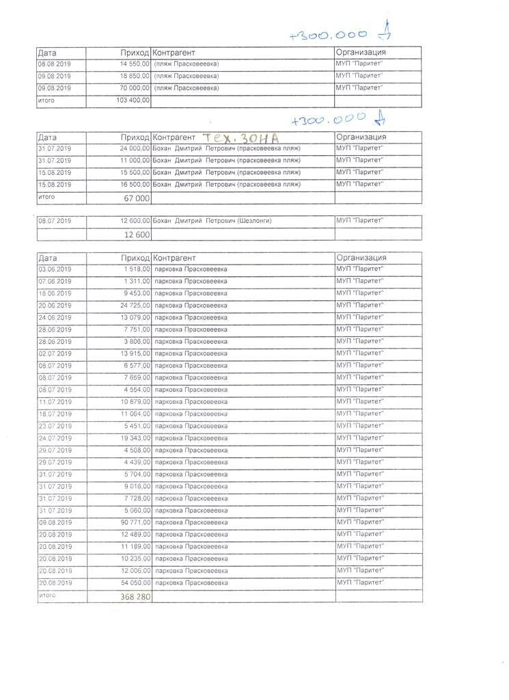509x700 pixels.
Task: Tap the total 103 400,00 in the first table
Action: pyautogui.click(x=133, y=100)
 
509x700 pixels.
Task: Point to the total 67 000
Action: pyautogui.click(x=136, y=198)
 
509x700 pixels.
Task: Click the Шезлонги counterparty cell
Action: pyautogui.click(x=213, y=221)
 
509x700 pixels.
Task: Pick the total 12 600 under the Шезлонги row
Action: pyautogui.click(x=136, y=234)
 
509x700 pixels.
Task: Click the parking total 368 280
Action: pyautogui.click(x=135, y=597)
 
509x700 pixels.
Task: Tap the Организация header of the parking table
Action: pyautogui.click(x=361, y=258)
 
